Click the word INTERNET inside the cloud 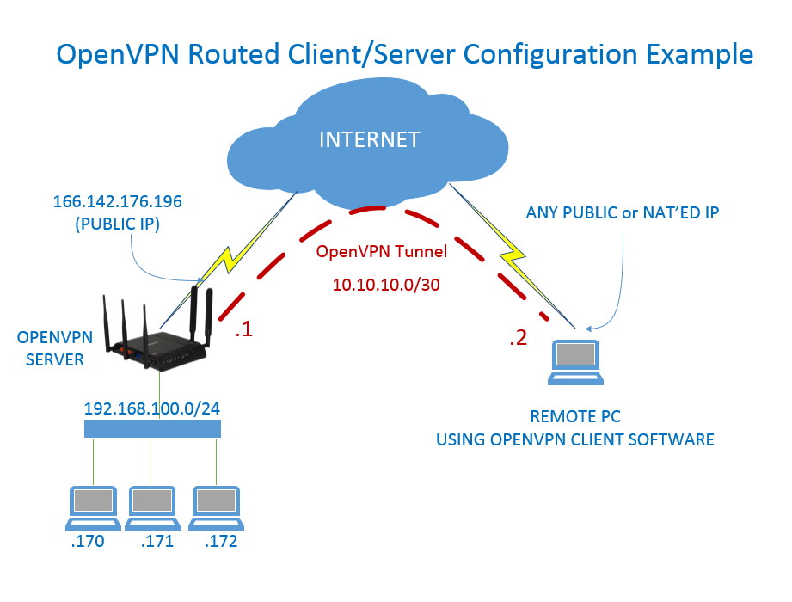(370, 139)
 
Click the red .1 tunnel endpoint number (243, 330)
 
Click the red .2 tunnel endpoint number (518, 338)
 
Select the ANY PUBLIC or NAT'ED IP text (623, 212)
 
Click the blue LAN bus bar (152, 428)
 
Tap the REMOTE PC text (575, 417)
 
